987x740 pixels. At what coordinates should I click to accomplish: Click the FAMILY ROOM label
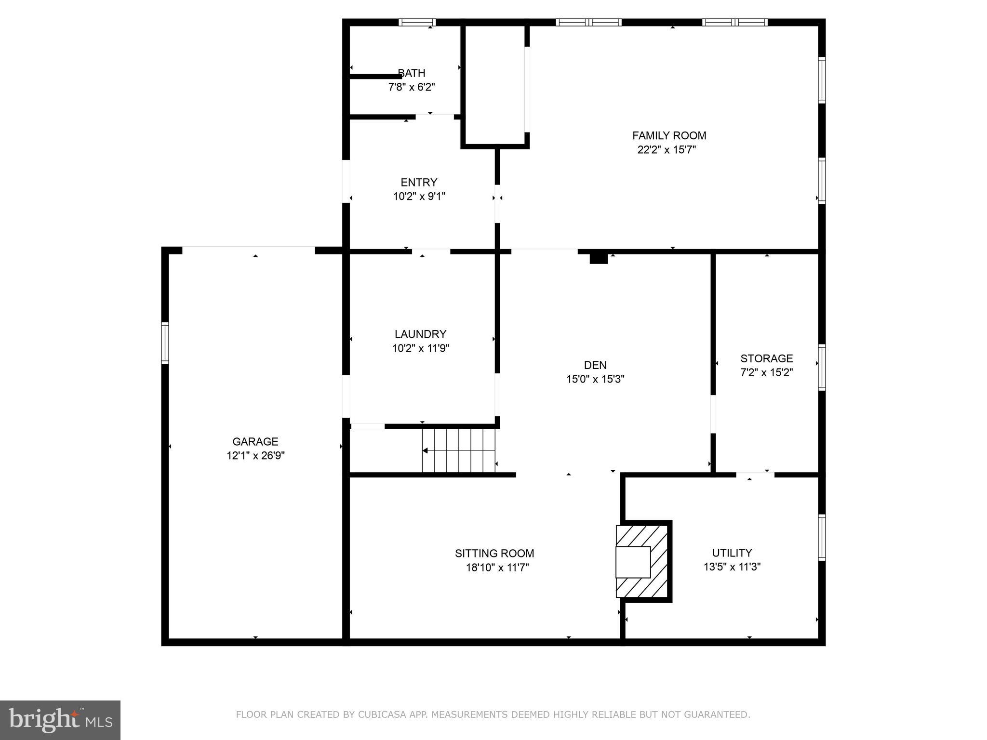click(669, 136)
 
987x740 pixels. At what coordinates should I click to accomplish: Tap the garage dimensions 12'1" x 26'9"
click(255, 456)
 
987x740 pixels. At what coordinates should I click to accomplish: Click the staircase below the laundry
click(458, 451)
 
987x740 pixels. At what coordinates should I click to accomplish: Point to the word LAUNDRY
click(420, 334)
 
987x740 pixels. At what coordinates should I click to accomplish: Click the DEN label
click(595, 365)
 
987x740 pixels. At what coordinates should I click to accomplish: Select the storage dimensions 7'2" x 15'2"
click(766, 372)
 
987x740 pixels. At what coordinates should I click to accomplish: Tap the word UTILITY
click(732, 553)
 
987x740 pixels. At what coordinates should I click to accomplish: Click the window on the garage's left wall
click(165, 343)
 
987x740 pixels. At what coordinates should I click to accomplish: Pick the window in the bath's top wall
click(417, 22)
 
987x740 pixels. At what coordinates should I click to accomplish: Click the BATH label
click(412, 73)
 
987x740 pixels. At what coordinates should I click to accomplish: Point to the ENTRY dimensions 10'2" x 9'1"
click(419, 197)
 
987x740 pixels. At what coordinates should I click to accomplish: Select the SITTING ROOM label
click(494, 554)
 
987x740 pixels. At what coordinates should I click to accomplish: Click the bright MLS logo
click(60, 720)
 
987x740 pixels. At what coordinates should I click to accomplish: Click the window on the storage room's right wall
click(822, 367)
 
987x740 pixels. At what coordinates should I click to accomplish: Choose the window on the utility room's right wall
click(822, 537)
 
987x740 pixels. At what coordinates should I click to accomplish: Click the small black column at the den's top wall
click(599, 259)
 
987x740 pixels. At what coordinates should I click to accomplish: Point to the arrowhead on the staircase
click(426, 451)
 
